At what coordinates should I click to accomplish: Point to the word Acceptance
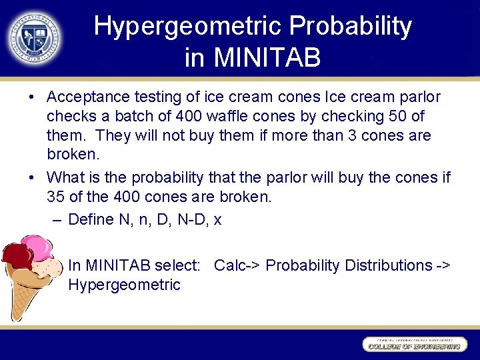click(x=89, y=97)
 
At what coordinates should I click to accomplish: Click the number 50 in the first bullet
click(x=399, y=117)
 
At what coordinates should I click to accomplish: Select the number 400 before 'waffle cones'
click(x=189, y=117)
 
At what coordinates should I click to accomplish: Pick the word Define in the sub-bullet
click(x=91, y=219)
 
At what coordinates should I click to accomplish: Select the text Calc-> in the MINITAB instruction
click(x=237, y=265)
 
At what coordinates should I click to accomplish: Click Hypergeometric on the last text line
click(x=124, y=285)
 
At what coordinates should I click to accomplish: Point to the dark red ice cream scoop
click(x=17, y=257)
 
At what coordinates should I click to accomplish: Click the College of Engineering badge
click(x=413, y=345)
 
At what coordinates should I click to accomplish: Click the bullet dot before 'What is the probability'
click(x=32, y=178)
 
